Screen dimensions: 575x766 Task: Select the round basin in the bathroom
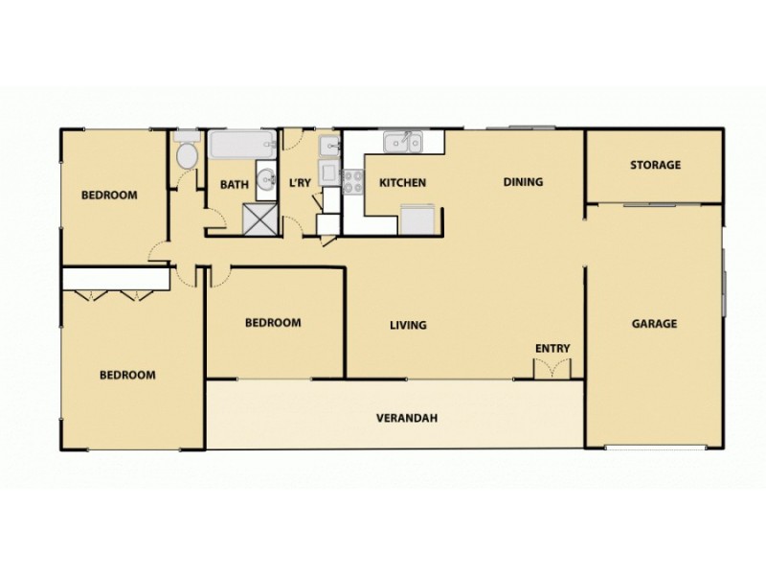pyautogui.click(x=266, y=179)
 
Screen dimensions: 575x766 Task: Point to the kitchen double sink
pyautogui.click(x=403, y=143)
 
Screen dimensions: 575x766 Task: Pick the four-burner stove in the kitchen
pyautogui.click(x=353, y=181)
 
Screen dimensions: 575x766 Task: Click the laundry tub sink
pyautogui.click(x=328, y=146)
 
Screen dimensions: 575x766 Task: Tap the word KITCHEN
pyautogui.click(x=402, y=183)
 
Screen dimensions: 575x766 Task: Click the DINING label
pyautogui.click(x=523, y=182)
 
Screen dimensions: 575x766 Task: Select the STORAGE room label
pyautogui.click(x=655, y=165)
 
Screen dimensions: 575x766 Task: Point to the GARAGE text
pyautogui.click(x=654, y=324)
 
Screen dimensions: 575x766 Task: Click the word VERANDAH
pyautogui.click(x=400, y=418)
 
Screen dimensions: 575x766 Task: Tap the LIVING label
pyautogui.click(x=408, y=325)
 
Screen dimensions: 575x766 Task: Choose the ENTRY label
pyautogui.click(x=552, y=348)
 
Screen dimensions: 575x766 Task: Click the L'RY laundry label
pyautogui.click(x=300, y=183)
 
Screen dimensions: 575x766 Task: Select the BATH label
pyautogui.click(x=234, y=184)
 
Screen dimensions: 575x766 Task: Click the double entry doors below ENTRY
pyautogui.click(x=551, y=369)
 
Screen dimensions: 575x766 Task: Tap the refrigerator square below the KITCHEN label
pyautogui.click(x=417, y=219)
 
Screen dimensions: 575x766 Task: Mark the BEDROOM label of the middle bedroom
pyautogui.click(x=273, y=323)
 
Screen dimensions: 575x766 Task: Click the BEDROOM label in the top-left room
pyautogui.click(x=109, y=195)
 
